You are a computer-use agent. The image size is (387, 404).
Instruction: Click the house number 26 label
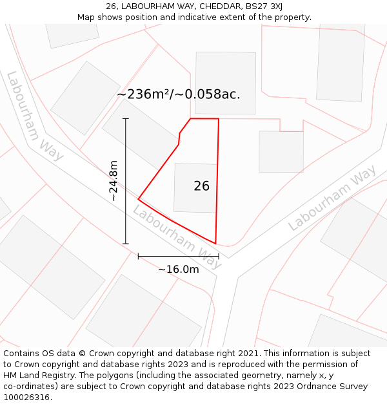tap(201, 186)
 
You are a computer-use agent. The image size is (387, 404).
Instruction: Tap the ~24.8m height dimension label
tap(114, 181)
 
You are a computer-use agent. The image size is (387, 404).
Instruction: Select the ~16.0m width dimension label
tap(179, 269)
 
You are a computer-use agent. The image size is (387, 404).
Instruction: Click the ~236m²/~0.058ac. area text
tap(178, 94)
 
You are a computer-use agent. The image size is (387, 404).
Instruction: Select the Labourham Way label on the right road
tap(332, 198)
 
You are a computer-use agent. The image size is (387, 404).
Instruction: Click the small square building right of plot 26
tap(281, 152)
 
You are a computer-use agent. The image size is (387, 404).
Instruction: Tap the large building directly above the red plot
tap(225, 83)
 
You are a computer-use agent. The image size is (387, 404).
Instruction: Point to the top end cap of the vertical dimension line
tap(126, 119)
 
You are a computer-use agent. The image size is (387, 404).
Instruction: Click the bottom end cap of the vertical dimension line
tap(126, 244)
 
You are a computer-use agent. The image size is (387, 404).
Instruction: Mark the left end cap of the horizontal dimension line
tap(138, 257)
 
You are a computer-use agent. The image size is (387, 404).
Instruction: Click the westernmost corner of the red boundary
tap(139, 198)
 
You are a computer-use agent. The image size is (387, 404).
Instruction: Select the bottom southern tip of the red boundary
tap(215, 244)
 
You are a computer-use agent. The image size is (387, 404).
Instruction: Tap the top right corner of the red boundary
tap(219, 119)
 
